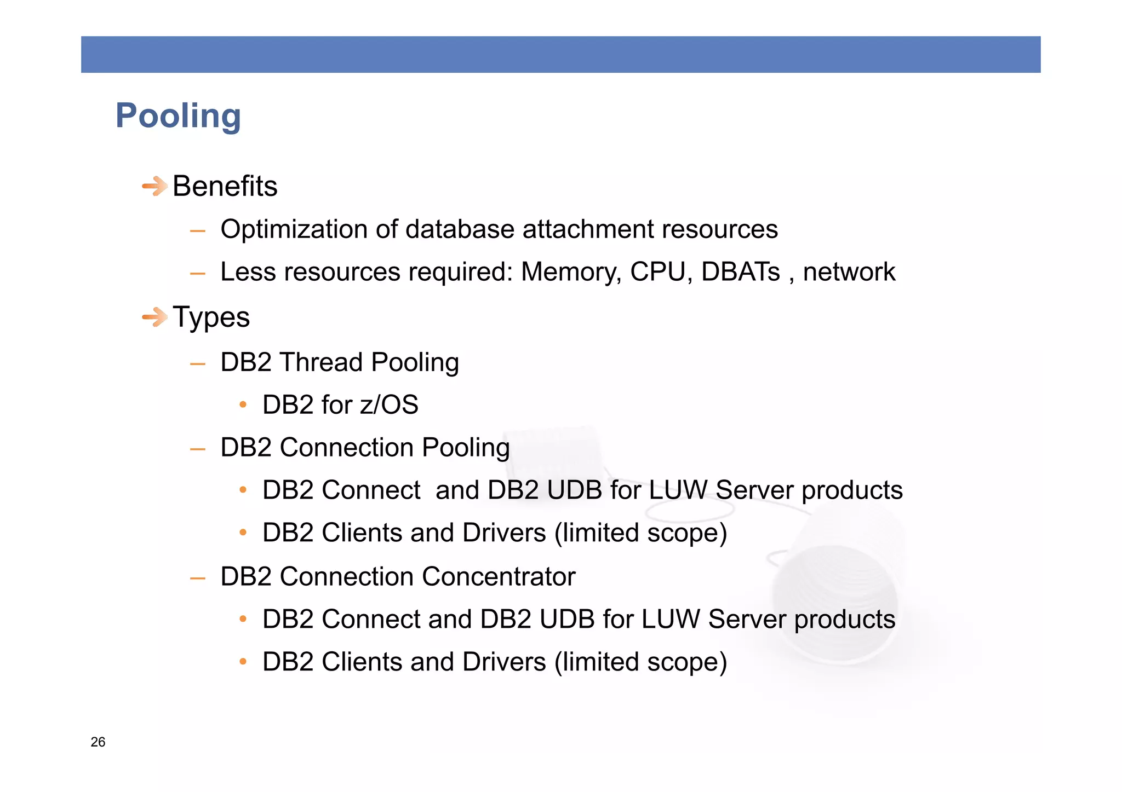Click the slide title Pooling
click(x=178, y=116)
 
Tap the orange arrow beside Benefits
click(x=154, y=186)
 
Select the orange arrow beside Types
click(x=154, y=317)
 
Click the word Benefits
click(x=225, y=186)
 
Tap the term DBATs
click(x=740, y=272)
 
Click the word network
click(x=849, y=272)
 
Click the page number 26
click(x=98, y=742)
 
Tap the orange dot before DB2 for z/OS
click(x=243, y=405)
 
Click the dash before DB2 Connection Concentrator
click(x=197, y=578)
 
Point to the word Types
click(x=211, y=317)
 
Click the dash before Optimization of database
click(x=197, y=231)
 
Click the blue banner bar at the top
click(x=560, y=54)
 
